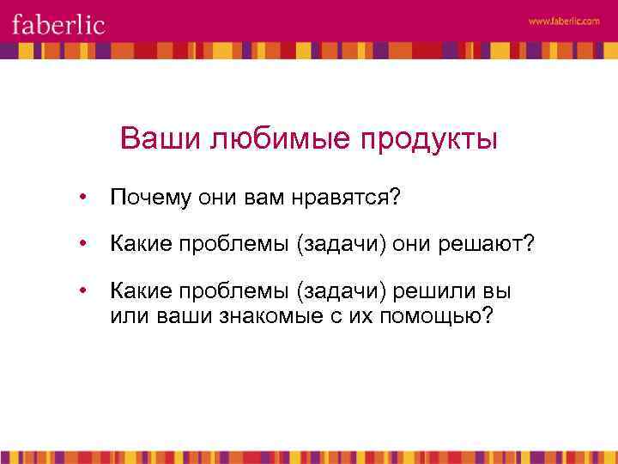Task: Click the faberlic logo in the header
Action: click(58, 23)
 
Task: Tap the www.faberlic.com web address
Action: click(564, 21)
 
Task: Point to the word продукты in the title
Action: click(426, 138)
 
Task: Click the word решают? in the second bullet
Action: click(487, 245)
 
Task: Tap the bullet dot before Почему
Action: click(82, 198)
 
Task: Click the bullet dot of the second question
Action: click(82, 245)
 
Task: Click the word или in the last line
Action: click(129, 315)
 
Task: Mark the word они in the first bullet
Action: click(218, 198)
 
